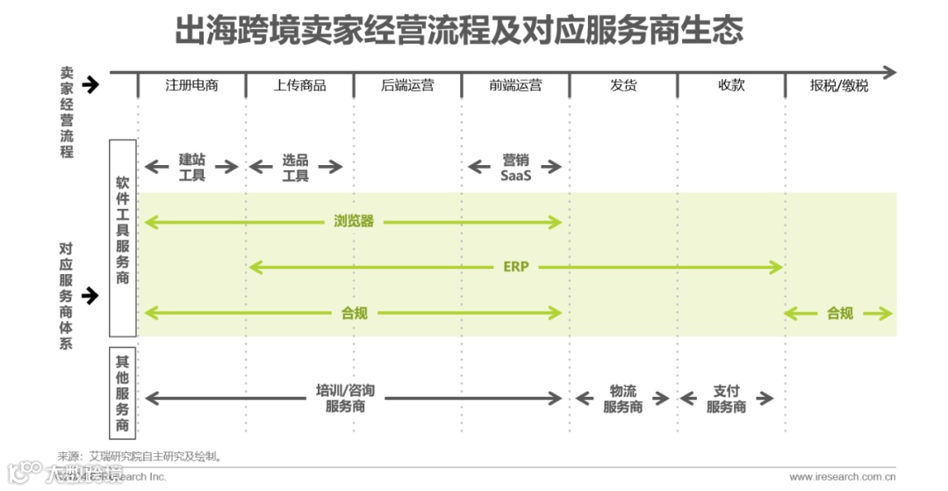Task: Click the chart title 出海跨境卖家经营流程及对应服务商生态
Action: click(x=459, y=30)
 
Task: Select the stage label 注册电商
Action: click(x=191, y=85)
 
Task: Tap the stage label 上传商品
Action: click(x=299, y=85)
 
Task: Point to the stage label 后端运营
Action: click(x=407, y=85)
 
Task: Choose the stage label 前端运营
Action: click(x=515, y=85)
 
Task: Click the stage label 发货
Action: click(x=623, y=85)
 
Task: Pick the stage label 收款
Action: click(x=731, y=85)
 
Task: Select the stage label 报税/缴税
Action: click(x=839, y=85)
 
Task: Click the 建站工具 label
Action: click(x=192, y=167)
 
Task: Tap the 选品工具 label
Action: click(x=296, y=167)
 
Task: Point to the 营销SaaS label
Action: click(x=516, y=167)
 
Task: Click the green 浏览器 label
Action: click(x=354, y=221)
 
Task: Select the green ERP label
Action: click(x=516, y=266)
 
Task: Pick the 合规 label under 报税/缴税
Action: click(x=839, y=313)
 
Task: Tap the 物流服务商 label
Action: click(x=623, y=398)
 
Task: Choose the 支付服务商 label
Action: click(x=726, y=398)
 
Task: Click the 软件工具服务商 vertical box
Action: click(x=123, y=237)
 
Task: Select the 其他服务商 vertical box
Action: click(x=123, y=393)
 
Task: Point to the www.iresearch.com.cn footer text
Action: click(x=842, y=477)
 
